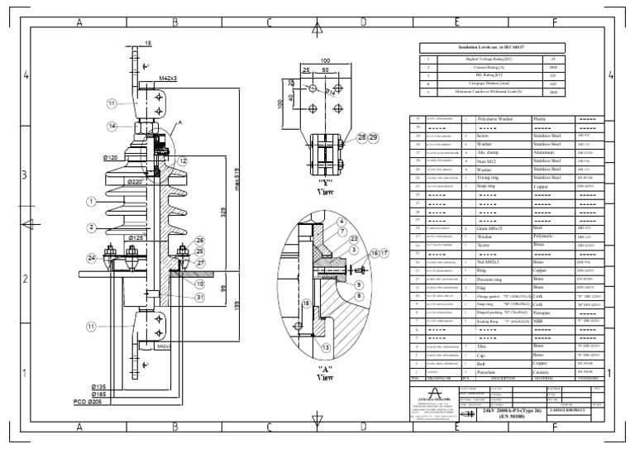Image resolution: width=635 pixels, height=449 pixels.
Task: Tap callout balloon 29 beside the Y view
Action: (374, 136)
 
